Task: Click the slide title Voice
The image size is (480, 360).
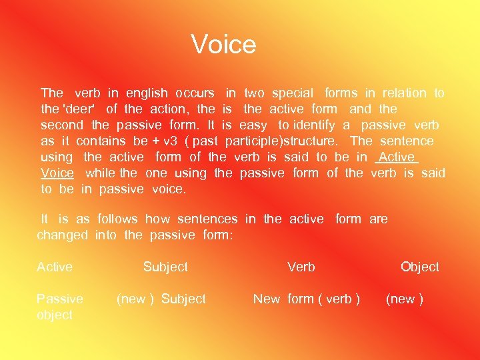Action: (223, 45)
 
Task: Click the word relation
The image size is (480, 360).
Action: (405, 93)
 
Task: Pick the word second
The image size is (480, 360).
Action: (62, 125)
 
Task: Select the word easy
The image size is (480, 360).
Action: (253, 125)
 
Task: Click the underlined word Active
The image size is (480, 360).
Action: (396, 157)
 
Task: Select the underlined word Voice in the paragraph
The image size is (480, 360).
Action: (57, 173)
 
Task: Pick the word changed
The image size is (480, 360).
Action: (62, 235)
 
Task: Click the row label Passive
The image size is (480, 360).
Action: (60, 299)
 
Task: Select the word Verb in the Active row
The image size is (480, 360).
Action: (301, 267)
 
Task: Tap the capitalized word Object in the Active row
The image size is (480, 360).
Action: (420, 267)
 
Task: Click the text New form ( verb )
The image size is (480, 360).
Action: (307, 299)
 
